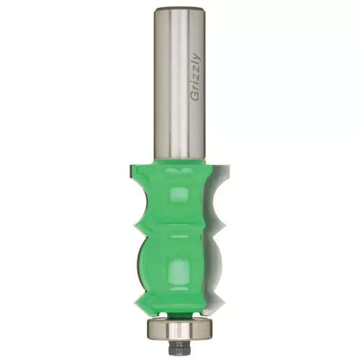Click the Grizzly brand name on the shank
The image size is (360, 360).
point(195,77)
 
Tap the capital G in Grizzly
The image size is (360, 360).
point(195,96)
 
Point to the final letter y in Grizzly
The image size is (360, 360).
point(196,56)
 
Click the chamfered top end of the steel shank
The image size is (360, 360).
point(180,9)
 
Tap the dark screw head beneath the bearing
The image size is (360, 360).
point(179,348)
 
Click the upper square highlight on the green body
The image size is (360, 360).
point(178,196)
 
